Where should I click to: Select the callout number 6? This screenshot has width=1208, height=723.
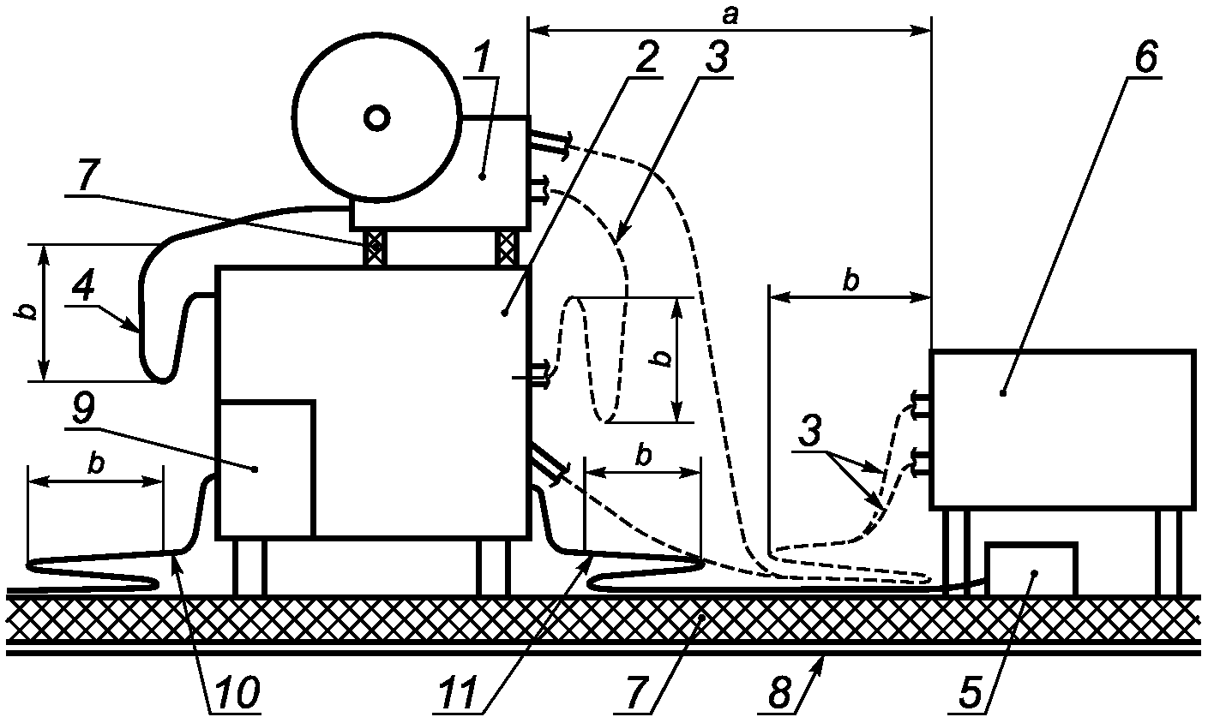pyautogui.click(x=1145, y=57)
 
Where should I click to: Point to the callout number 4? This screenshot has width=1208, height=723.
pyautogui.click(x=82, y=287)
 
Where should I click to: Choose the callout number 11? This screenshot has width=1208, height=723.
pyautogui.click(x=460, y=695)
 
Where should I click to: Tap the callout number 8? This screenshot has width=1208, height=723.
pyautogui.click(x=780, y=695)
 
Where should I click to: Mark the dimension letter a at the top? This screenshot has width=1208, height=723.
pyautogui.click(x=730, y=16)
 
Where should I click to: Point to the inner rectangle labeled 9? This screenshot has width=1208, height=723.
pyautogui.click(x=265, y=469)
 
